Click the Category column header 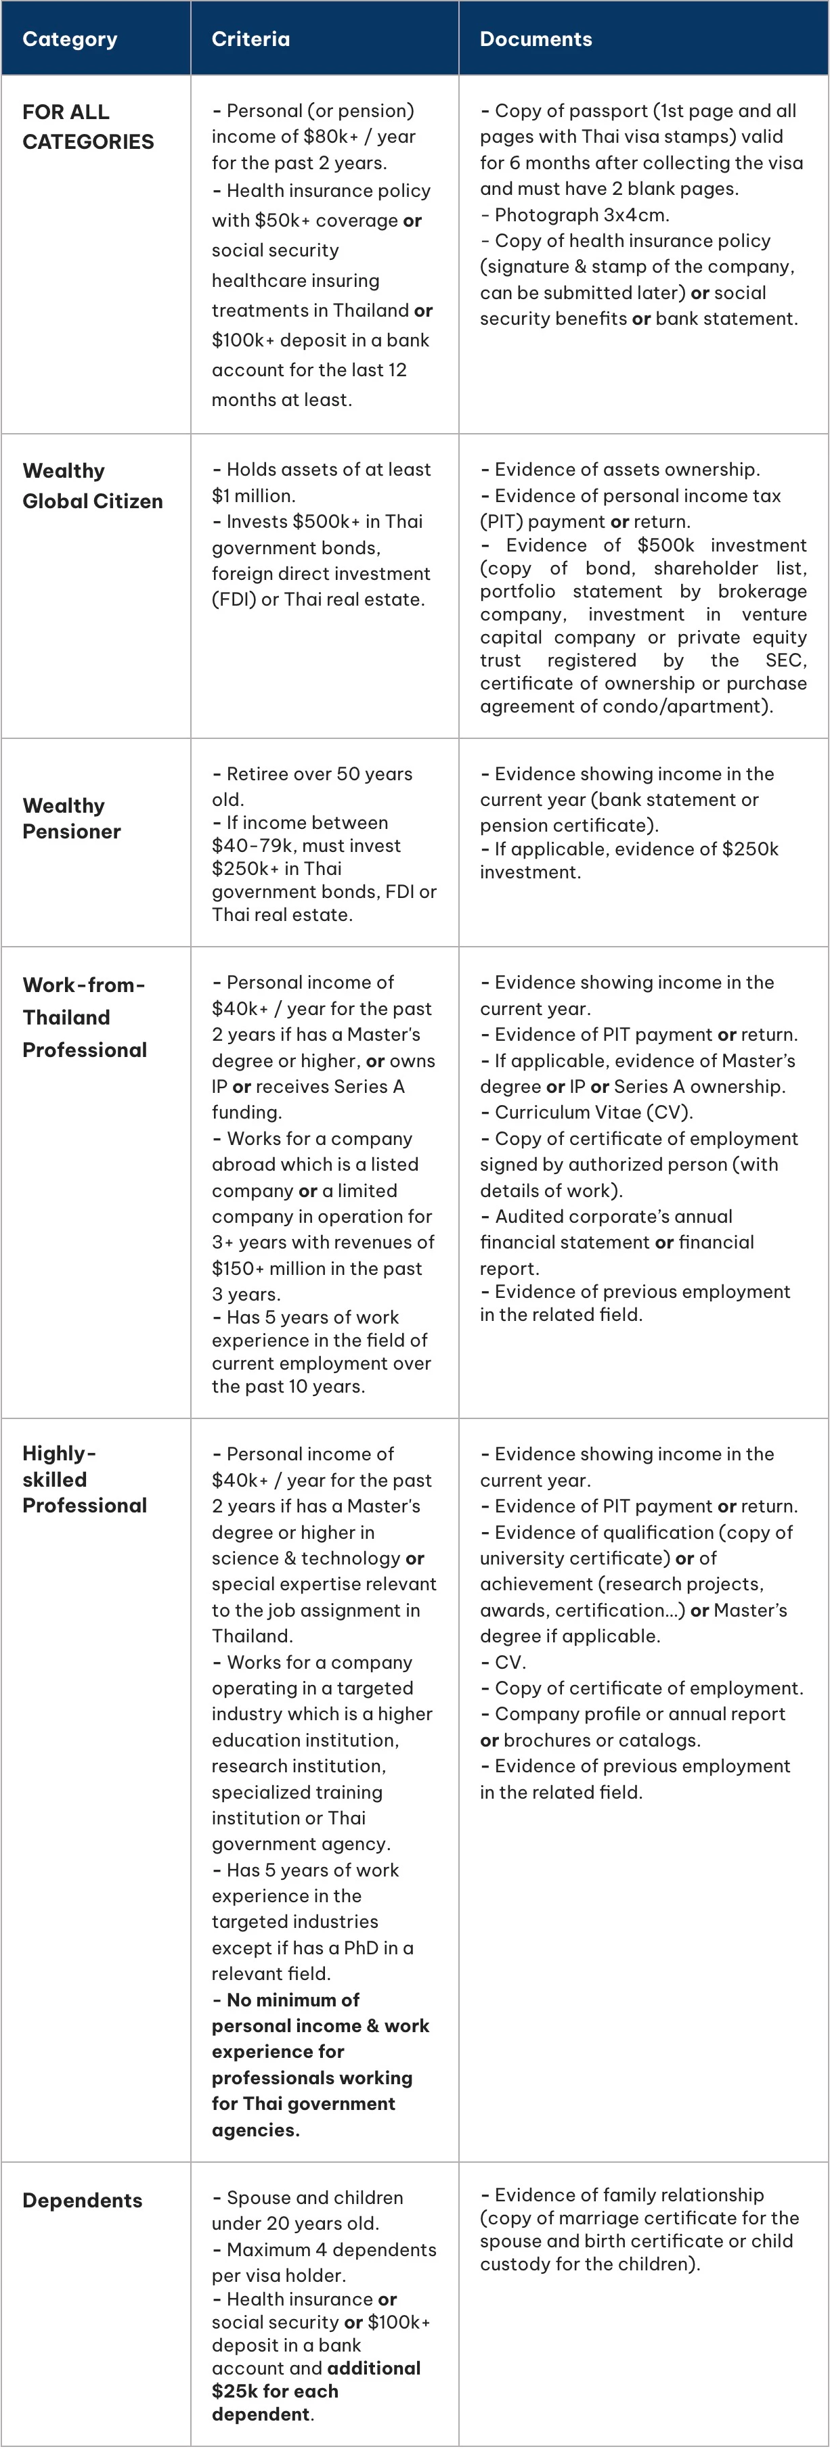coord(70,39)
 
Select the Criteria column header coord(250,39)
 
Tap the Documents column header coord(536,39)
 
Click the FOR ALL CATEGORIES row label coord(87,127)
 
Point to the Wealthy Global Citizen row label coord(92,486)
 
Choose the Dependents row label coord(82,2200)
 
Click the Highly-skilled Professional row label coord(85,1479)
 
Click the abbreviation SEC coord(785,660)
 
